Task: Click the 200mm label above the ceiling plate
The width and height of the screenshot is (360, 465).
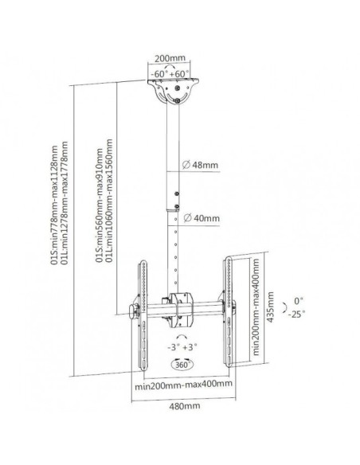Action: (x=170, y=58)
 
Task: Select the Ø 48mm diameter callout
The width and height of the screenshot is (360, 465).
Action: (x=200, y=165)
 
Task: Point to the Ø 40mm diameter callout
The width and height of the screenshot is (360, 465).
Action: (x=202, y=218)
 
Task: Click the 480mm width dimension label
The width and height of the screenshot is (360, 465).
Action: (x=185, y=406)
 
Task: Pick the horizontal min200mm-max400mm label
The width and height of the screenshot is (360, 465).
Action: (x=183, y=385)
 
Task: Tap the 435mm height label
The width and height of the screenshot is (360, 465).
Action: (x=271, y=307)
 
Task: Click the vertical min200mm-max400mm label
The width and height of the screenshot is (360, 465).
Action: (x=256, y=307)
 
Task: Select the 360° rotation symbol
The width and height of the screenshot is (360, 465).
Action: (x=182, y=364)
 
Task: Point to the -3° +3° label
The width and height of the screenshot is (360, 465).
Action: (x=182, y=347)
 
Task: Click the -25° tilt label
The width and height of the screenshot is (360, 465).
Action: (x=296, y=314)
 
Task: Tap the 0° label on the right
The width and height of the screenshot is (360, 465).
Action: (x=299, y=301)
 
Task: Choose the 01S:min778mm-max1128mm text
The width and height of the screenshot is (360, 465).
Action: (x=55, y=205)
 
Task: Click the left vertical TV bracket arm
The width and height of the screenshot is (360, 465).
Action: (x=143, y=315)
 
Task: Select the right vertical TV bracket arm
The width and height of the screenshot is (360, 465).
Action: (x=228, y=311)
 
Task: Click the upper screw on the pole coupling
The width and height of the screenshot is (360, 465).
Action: (x=177, y=194)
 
